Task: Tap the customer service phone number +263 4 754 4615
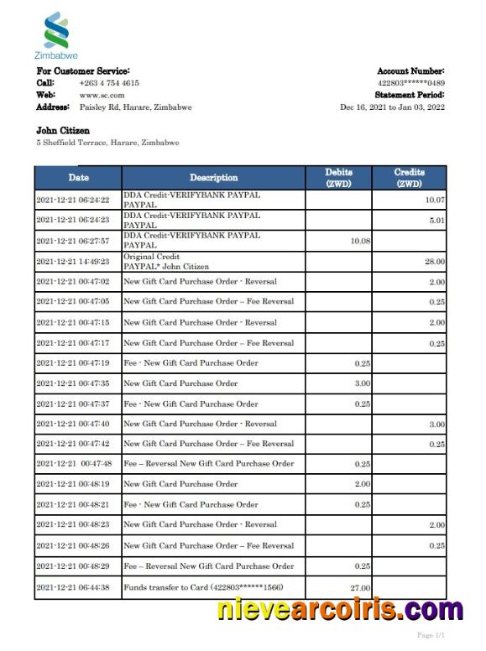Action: (x=109, y=83)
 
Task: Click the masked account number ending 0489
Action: (x=411, y=83)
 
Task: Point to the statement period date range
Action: (x=392, y=107)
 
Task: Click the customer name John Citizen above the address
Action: (x=63, y=131)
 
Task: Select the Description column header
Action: (x=213, y=178)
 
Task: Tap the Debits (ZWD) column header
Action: (x=338, y=178)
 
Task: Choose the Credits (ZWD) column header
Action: (x=409, y=178)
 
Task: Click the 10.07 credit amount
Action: (x=434, y=201)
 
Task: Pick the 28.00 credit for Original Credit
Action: (x=434, y=262)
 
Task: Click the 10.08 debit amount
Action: (x=359, y=241)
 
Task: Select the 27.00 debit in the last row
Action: (x=359, y=588)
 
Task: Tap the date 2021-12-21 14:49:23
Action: (x=73, y=262)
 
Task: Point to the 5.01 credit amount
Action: (x=436, y=221)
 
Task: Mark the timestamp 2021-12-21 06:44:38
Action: (x=73, y=588)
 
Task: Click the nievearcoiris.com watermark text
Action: (x=340, y=610)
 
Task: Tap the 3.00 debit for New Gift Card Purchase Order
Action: (x=361, y=383)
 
